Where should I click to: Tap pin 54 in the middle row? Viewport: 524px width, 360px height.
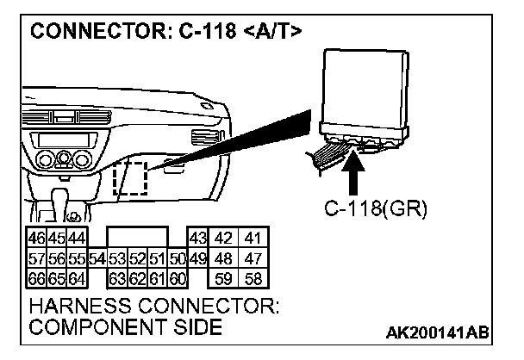click(96, 258)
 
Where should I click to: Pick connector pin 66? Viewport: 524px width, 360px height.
click(35, 277)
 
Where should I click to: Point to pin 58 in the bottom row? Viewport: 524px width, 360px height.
click(252, 277)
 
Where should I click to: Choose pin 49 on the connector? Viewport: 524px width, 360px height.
click(197, 258)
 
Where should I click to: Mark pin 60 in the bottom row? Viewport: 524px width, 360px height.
click(178, 277)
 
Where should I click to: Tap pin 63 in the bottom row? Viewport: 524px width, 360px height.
click(115, 277)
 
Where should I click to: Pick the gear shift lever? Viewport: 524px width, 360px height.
click(65, 202)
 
